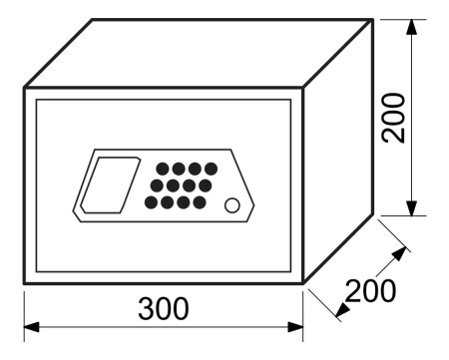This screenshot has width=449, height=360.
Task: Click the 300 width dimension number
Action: [x=164, y=309]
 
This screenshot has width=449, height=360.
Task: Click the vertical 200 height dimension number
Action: [x=394, y=117]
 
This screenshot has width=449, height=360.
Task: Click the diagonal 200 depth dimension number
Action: [x=370, y=291]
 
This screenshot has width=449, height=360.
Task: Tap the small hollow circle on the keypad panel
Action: [x=232, y=206]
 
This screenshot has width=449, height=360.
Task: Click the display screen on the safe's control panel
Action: [x=106, y=183]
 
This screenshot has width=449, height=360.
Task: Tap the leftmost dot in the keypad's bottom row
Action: [x=151, y=202]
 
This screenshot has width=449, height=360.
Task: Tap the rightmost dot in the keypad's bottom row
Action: [x=200, y=202]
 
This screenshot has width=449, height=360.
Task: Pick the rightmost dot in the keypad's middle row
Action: [x=205, y=185]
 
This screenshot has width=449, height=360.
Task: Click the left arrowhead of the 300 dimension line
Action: [x=31, y=325]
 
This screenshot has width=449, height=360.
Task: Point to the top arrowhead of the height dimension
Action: [x=411, y=26]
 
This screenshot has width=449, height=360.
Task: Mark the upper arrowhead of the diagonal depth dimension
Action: [x=401, y=251]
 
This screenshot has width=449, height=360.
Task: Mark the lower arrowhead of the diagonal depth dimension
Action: [x=341, y=311]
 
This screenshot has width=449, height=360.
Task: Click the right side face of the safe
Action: [x=339, y=150]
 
